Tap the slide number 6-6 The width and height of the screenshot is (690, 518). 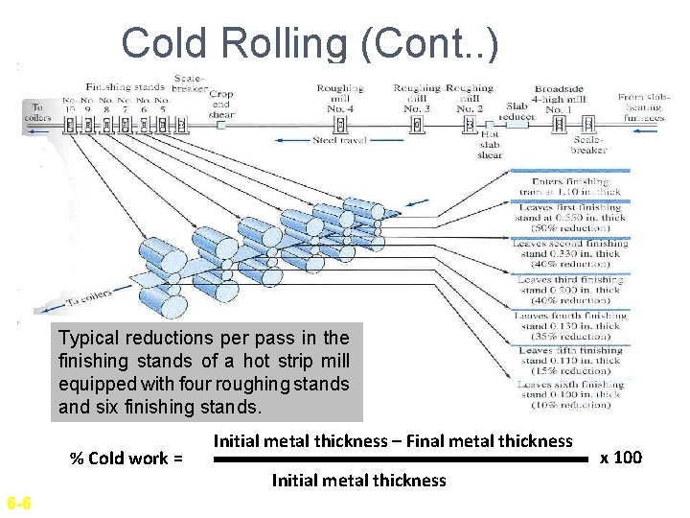pos(18,504)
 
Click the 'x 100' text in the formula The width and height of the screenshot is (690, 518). pos(620,457)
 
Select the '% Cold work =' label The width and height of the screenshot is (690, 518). pos(126,458)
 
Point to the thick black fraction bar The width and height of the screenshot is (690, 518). pos(399,459)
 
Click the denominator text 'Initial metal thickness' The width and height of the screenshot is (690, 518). pos(359,480)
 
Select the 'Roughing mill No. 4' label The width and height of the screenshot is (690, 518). pos(341,99)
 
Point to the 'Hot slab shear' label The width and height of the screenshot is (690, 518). pos(491,145)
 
